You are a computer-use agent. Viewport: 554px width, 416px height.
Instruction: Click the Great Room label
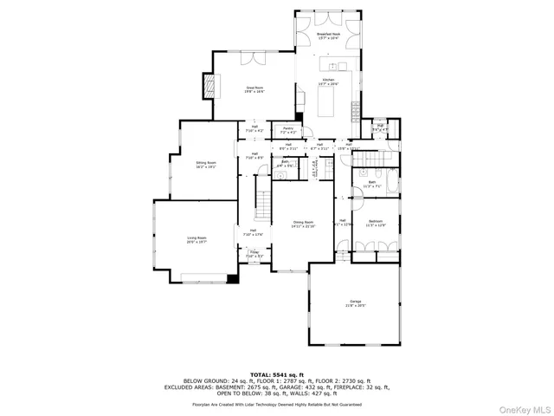tap(254, 89)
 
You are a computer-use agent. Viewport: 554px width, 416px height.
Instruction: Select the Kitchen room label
tap(328, 81)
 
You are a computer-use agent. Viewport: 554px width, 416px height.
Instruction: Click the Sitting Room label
tap(205, 164)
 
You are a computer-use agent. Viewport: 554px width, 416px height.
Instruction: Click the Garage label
tap(356, 303)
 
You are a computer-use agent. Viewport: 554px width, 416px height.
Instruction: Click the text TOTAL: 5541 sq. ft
tap(276, 374)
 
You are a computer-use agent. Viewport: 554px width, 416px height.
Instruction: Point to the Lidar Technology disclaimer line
tap(276, 404)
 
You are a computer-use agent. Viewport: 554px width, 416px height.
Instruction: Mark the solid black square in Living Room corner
tap(231, 279)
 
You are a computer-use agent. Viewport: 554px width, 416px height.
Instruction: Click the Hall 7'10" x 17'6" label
tap(253, 231)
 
